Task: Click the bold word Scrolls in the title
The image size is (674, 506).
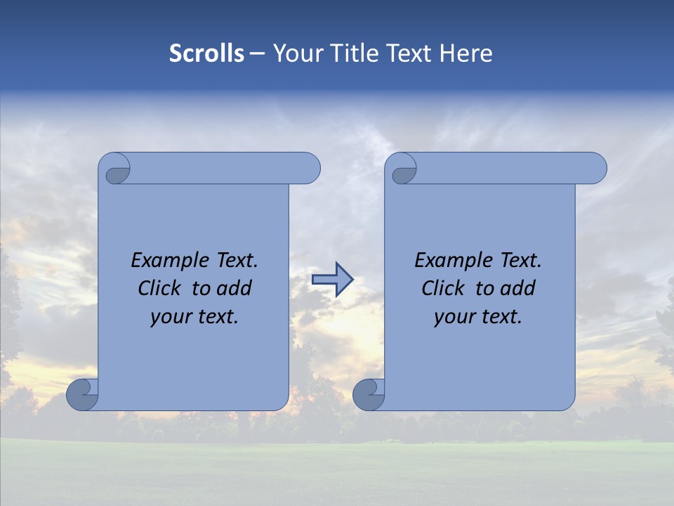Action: [x=206, y=53]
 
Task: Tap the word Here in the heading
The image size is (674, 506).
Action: [x=465, y=53]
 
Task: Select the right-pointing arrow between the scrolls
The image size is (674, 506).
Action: [x=332, y=280]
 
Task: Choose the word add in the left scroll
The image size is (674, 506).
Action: [x=234, y=288]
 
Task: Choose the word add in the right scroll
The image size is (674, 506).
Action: [x=518, y=288]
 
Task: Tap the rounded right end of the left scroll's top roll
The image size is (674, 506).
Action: [x=309, y=168]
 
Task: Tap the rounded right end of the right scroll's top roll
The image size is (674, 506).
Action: [x=595, y=168]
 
